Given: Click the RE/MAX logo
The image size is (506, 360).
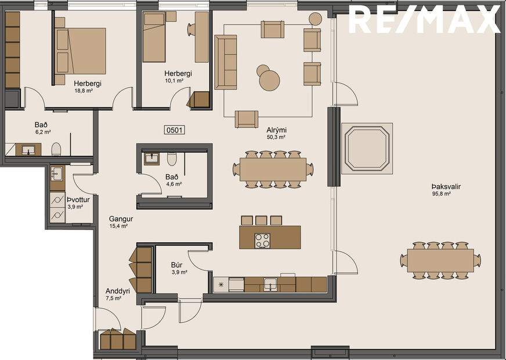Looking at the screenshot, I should pos(424,20).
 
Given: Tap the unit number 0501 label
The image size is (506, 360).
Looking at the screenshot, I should pos(175,130).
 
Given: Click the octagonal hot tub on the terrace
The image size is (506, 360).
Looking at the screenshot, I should pos(367,147).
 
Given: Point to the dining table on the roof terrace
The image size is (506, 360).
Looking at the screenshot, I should pos(440,260).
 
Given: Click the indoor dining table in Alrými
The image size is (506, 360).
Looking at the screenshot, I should pos(273,169).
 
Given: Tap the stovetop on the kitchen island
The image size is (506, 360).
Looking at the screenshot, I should pos(262,240).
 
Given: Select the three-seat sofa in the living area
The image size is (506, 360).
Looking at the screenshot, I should pos(226,62).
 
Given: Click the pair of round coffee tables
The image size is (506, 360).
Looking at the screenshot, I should pos(268,78).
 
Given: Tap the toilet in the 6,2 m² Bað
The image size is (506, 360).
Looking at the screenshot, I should pos(56,150).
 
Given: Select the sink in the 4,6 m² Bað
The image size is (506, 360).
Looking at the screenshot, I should pos(151,158).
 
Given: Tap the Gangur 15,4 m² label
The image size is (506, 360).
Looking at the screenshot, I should pos(121,222).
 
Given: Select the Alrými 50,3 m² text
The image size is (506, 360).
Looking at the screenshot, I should pos(276,134).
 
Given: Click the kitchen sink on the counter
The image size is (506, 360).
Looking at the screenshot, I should pos(270,284).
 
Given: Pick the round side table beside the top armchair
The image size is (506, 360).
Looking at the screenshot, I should pos(315,19).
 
